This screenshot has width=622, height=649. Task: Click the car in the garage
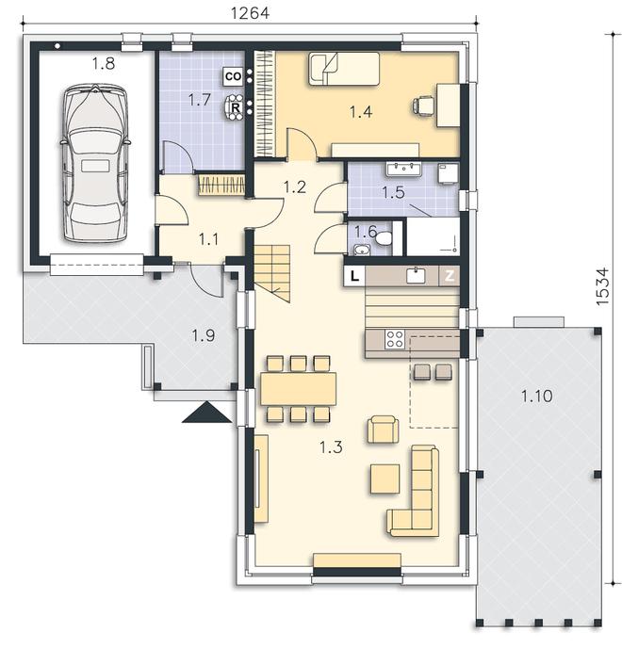pyautogui.click(x=95, y=163)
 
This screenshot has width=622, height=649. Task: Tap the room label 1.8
pyautogui.click(x=103, y=64)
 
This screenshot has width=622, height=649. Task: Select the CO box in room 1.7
pyautogui.click(x=233, y=76)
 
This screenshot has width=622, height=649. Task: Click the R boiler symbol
pyautogui.click(x=236, y=107)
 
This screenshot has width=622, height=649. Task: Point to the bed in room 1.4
pyautogui.click(x=344, y=69)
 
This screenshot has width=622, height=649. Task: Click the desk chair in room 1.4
pyautogui.click(x=423, y=105)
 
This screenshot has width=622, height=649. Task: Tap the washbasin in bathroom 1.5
pyautogui.click(x=403, y=170)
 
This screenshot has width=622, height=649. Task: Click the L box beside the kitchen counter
pyautogui.click(x=354, y=276)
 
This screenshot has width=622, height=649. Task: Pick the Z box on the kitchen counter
pyautogui.click(x=450, y=276)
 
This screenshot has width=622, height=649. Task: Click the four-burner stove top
pyautogui.click(x=395, y=339)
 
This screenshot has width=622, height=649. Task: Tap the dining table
pyautogui.click(x=298, y=389)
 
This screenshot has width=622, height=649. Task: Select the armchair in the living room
pyautogui.click(x=383, y=430)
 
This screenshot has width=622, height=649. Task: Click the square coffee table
pyautogui.click(x=385, y=479)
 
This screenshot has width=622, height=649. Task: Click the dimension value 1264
pyautogui.click(x=250, y=13)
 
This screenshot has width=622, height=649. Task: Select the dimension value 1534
pyautogui.click(x=603, y=286)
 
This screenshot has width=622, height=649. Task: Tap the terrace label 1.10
pyautogui.click(x=536, y=397)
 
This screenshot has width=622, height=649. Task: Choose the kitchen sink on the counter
pyautogui.click(x=416, y=276)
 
